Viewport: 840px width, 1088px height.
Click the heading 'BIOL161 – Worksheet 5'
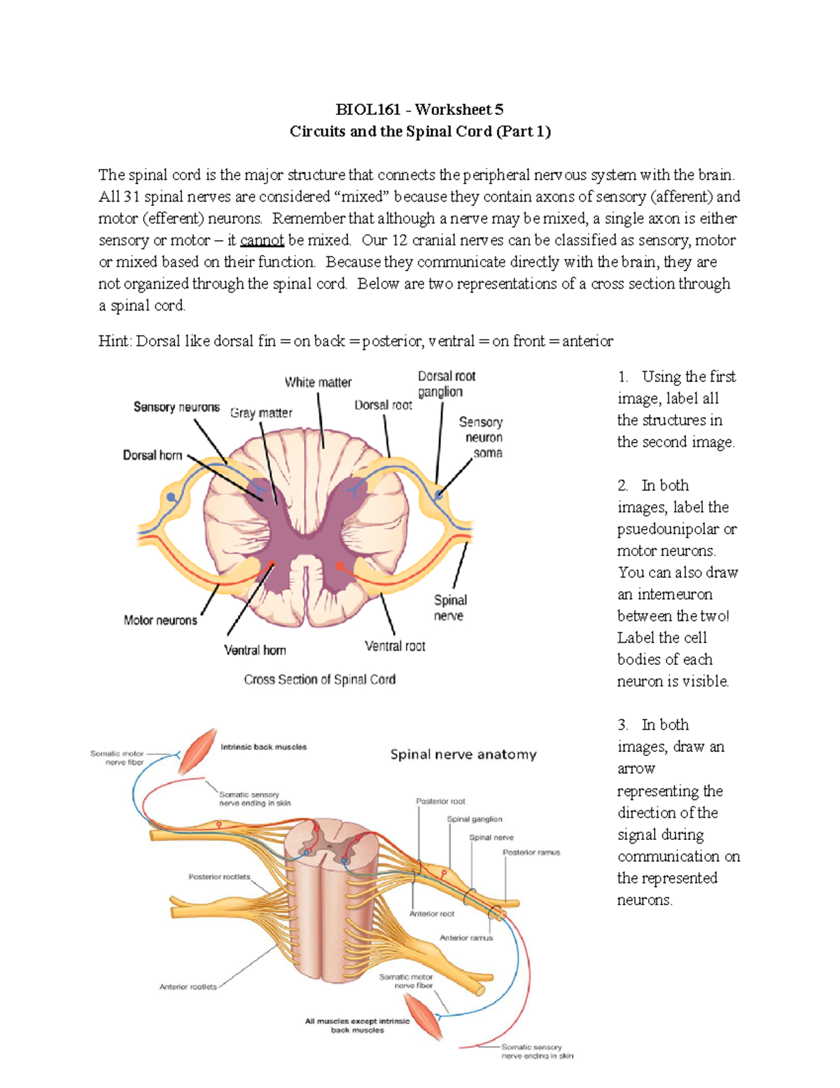(x=419, y=109)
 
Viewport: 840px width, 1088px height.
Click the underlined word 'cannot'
(x=262, y=240)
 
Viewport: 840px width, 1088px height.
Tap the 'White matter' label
(x=318, y=383)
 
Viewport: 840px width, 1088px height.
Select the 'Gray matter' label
(x=261, y=413)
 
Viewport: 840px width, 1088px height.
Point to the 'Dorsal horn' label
(x=153, y=455)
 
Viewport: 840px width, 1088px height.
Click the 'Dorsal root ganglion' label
(x=446, y=384)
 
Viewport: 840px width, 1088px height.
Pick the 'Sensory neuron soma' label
(x=482, y=437)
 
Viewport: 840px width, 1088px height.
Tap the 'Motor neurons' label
(x=160, y=620)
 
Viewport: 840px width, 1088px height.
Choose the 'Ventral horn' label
(x=255, y=650)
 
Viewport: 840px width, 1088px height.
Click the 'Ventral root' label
(x=395, y=646)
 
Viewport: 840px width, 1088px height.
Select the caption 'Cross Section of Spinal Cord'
(x=320, y=680)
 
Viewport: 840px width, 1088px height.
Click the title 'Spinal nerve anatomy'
(x=463, y=755)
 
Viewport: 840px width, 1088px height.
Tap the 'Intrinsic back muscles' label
(x=264, y=747)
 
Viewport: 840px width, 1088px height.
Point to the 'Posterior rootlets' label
(x=219, y=876)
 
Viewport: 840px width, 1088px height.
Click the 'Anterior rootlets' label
(x=188, y=986)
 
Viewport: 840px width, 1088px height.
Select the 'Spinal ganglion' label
(x=475, y=819)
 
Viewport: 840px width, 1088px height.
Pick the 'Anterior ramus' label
(x=466, y=937)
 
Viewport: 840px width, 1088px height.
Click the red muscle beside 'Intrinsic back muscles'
(x=198, y=750)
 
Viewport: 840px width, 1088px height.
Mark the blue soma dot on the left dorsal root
(x=171, y=497)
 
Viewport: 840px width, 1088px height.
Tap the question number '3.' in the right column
(x=623, y=725)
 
